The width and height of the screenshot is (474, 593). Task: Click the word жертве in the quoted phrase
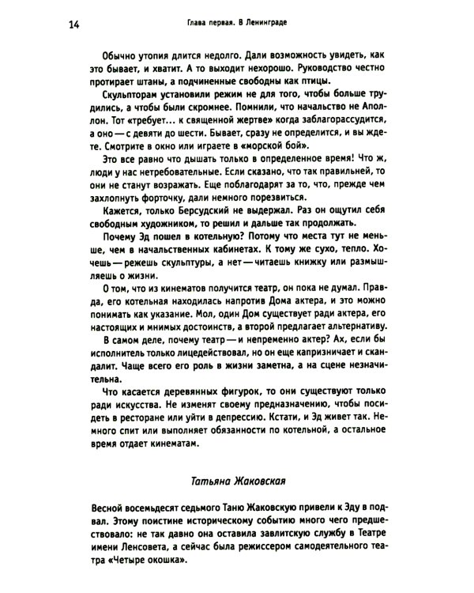(224, 135)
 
